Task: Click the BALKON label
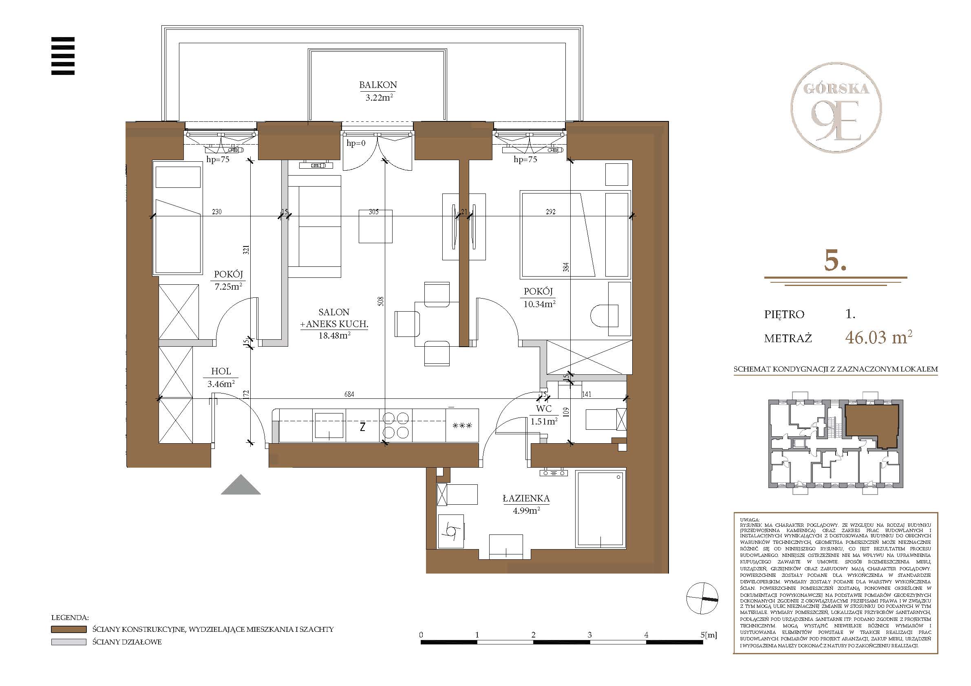coord(377,85)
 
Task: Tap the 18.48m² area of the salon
coord(334,336)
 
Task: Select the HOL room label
coord(221,371)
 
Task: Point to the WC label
coord(543,409)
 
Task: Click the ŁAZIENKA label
coord(526,499)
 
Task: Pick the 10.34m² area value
coord(539,303)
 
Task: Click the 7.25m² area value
coord(228,286)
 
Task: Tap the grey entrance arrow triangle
coord(241,484)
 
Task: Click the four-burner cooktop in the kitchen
coord(396,425)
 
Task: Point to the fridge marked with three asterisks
coord(462,426)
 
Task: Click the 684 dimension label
coord(349,394)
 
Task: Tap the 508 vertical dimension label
coord(381,301)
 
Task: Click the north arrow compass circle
coord(702,598)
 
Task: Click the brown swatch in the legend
coord(68,629)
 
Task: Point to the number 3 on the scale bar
coord(589,634)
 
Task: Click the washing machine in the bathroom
coord(451,531)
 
